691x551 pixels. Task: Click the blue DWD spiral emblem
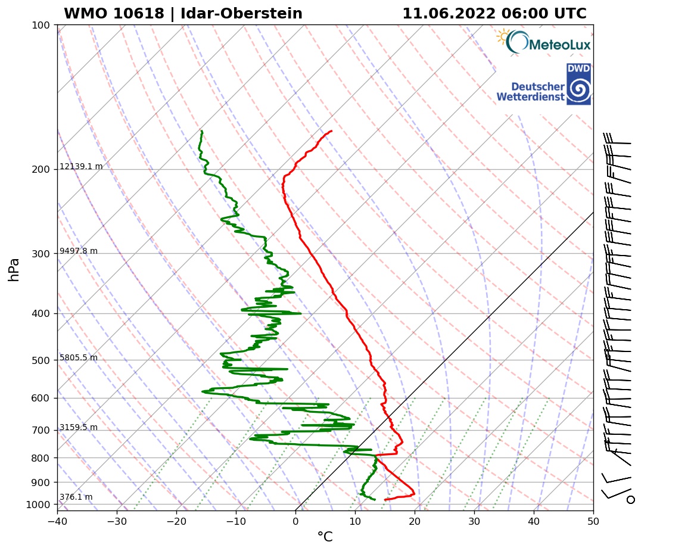click(x=578, y=90)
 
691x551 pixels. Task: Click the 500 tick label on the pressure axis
click(x=41, y=360)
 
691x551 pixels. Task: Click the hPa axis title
click(x=14, y=269)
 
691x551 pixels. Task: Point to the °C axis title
click(x=325, y=537)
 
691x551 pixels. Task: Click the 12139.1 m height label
click(x=81, y=167)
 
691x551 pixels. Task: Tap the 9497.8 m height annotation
click(x=79, y=251)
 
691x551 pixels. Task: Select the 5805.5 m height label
click(x=79, y=358)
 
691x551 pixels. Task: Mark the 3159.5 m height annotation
click(x=79, y=428)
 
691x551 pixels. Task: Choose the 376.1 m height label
click(x=76, y=497)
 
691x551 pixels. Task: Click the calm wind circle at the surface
click(x=630, y=499)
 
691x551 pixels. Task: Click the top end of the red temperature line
click(x=331, y=131)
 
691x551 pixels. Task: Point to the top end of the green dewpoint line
click(x=202, y=131)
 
